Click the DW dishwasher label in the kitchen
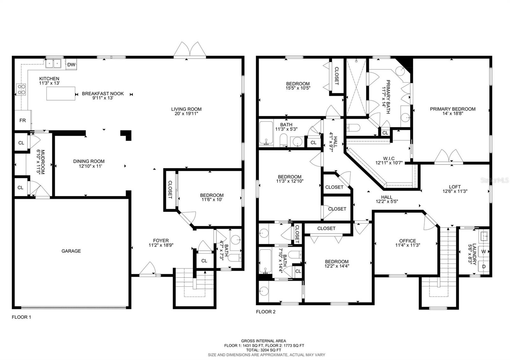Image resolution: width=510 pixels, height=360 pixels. (71, 65)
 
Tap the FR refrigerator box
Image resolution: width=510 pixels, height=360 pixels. (23, 120)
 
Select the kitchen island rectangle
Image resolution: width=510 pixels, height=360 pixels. (61, 93)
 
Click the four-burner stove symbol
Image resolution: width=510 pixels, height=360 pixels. (21, 90)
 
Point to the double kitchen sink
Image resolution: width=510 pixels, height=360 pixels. (53, 63)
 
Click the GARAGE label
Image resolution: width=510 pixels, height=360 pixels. (71, 251)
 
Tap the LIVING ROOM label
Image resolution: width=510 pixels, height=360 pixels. (186, 109)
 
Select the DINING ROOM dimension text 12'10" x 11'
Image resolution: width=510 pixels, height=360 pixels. (91, 166)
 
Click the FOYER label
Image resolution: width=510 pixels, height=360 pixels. (161, 240)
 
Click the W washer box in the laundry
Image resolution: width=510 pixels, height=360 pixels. (484, 251)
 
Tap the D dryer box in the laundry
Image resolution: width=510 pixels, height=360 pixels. (484, 266)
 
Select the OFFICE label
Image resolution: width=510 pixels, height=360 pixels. (408, 241)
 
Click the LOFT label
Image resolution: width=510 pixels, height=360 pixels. (455, 187)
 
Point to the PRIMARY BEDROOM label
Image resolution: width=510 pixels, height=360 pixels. (453, 109)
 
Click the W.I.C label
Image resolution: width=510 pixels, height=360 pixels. (389, 158)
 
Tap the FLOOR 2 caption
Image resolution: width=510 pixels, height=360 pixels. (266, 312)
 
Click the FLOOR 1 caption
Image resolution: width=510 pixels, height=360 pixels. (21, 317)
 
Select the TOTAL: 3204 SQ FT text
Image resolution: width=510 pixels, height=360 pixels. (264, 350)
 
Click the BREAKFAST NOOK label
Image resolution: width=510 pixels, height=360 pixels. (103, 93)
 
